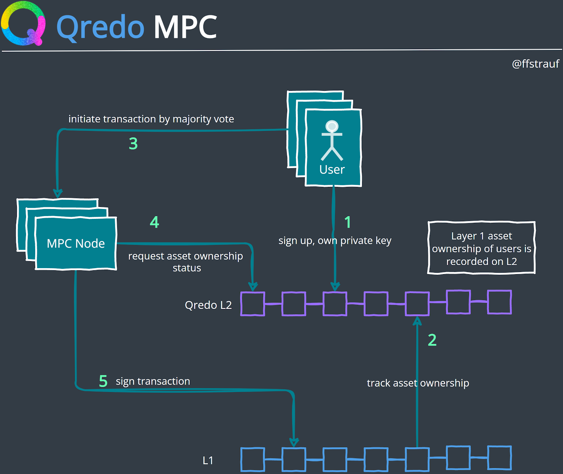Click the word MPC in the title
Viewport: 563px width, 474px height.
185,27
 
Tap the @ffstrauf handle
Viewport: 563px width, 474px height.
535,64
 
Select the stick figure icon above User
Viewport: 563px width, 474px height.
332,140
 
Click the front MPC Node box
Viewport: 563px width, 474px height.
76,244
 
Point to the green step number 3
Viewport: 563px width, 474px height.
133,144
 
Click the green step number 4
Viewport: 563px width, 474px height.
154,222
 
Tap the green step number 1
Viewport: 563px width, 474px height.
347,222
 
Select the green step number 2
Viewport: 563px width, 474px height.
432,340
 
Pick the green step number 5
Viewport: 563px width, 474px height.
103,381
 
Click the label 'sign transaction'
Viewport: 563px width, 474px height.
153,381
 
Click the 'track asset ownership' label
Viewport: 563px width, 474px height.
418,383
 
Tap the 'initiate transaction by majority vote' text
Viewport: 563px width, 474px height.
151,119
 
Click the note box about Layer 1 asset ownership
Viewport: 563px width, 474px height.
481,248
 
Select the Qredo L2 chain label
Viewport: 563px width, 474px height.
208,305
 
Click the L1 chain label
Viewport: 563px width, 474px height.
208,460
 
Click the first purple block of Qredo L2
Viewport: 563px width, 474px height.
253,304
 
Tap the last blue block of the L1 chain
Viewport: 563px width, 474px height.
499,458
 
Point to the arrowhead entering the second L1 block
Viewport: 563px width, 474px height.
294,442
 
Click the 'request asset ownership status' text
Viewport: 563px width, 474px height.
185,261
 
